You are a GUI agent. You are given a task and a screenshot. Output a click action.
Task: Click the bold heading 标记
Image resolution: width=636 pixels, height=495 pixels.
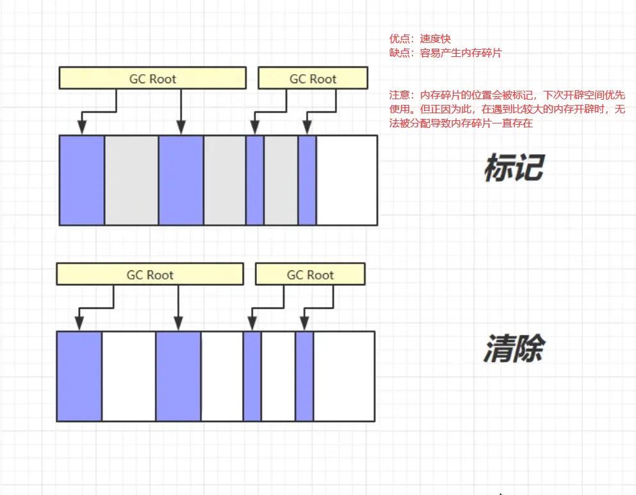(x=514, y=168)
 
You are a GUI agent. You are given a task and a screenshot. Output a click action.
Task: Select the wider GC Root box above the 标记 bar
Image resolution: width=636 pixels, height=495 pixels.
(x=152, y=79)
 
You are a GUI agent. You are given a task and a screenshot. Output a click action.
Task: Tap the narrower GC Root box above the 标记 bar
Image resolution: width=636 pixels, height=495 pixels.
(x=313, y=79)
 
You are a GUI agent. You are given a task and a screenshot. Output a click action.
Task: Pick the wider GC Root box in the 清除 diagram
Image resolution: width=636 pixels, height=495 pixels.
(x=150, y=275)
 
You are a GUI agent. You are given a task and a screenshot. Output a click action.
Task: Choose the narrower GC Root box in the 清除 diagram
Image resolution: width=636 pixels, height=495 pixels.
(x=310, y=275)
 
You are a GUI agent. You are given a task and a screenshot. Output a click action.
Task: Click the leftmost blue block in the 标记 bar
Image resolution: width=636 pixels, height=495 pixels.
(x=82, y=180)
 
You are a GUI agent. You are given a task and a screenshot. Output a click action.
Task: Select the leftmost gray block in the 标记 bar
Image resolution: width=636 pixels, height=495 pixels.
(x=131, y=180)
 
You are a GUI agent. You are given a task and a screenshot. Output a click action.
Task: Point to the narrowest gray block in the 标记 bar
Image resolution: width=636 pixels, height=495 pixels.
(x=281, y=180)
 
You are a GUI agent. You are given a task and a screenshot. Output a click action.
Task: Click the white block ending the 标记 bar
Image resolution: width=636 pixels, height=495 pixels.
(x=347, y=180)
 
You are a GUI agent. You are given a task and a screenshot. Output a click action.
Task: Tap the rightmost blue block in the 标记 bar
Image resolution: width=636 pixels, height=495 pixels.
(x=307, y=180)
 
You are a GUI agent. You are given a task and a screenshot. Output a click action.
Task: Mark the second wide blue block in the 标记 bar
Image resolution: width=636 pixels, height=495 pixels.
(x=181, y=180)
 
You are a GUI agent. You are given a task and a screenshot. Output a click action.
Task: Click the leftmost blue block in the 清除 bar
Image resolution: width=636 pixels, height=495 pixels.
(x=79, y=376)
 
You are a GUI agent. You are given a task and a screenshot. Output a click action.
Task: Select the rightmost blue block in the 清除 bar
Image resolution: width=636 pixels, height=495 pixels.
(x=304, y=376)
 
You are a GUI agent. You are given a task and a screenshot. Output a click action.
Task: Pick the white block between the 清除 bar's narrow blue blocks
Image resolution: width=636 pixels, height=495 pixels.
(x=278, y=376)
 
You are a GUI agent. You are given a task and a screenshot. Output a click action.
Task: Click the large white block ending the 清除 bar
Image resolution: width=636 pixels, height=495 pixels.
(x=344, y=376)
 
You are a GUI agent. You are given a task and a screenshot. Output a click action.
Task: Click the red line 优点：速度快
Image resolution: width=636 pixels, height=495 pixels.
(x=420, y=40)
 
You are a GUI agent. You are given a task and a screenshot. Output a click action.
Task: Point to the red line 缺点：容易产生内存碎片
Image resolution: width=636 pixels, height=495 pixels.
(x=446, y=54)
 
